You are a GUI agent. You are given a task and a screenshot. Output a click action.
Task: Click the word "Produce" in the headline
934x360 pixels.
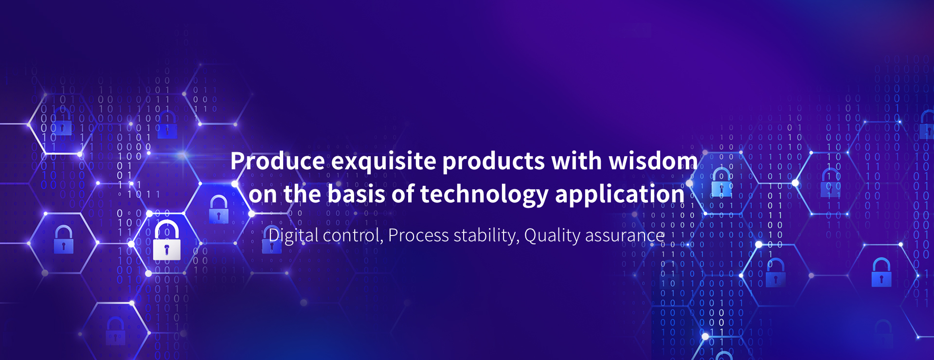tap(278, 161)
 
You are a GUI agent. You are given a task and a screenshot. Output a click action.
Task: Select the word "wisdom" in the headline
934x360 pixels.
tap(653, 161)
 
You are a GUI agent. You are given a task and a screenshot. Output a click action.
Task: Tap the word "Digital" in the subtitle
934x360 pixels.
tap(293, 236)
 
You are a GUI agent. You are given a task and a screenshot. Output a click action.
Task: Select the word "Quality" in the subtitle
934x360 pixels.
tap(552, 236)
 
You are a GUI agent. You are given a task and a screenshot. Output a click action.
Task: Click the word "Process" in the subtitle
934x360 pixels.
tap(418, 236)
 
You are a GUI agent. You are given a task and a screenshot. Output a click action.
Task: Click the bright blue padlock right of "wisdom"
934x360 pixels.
tap(721, 182)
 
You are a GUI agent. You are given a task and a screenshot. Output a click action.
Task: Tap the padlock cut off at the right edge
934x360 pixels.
tap(927, 124)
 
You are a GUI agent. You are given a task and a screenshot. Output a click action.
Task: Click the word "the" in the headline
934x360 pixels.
tap(302, 194)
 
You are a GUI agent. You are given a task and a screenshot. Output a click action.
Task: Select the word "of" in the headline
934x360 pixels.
tap(403, 194)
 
